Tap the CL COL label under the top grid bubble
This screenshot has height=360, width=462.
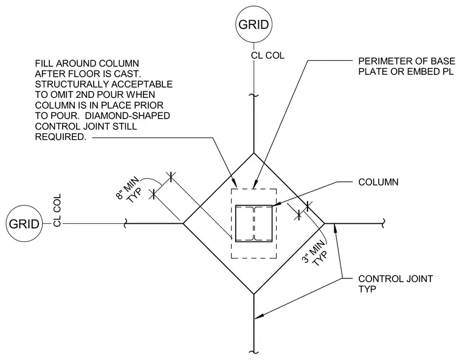click(x=267, y=55)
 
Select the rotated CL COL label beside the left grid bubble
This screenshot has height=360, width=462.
click(x=57, y=210)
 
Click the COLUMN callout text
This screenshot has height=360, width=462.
click(x=378, y=182)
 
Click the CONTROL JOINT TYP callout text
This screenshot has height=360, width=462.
click(x=395, y=283)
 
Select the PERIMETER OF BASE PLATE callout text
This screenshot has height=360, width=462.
click(x=407, y=66)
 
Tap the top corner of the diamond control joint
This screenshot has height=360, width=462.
click(x=253, y=153)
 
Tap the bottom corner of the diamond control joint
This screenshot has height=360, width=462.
click(x=253, y=294)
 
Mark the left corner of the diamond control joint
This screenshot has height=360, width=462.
click(x=183, y=224)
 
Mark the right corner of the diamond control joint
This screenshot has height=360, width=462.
click(x=325, y=224)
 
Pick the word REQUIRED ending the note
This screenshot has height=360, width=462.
click(x=60, y=137)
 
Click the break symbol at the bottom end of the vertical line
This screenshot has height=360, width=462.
click(x=253, y=351)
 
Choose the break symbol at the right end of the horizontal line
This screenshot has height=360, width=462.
click(x=383, y=224)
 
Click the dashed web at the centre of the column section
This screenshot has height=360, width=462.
click(x=253, y=224)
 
